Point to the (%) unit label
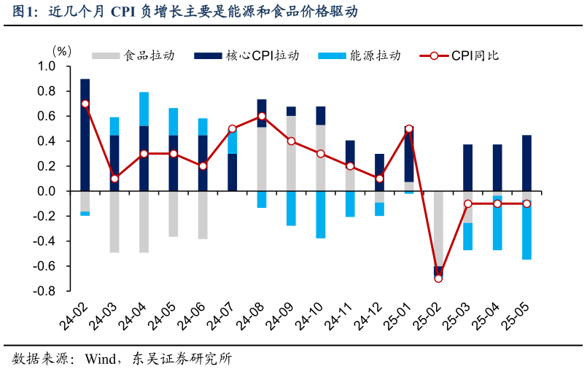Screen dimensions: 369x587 [x=61, y=51]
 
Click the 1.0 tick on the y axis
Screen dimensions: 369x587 [x=46, y=66]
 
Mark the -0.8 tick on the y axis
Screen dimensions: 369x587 [x=44, y=291]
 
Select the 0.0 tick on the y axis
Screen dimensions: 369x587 [x=46, y=191]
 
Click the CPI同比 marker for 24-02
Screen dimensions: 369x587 [x=85, y=104]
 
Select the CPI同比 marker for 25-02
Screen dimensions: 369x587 [x=438, y=279]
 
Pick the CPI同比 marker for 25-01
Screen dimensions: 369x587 [x=409, y=128]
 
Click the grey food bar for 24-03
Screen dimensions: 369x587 [x=114, y=222]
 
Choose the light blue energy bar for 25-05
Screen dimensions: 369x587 [x=526, y=230]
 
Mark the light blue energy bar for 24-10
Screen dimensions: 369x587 [x=321, y=214]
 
